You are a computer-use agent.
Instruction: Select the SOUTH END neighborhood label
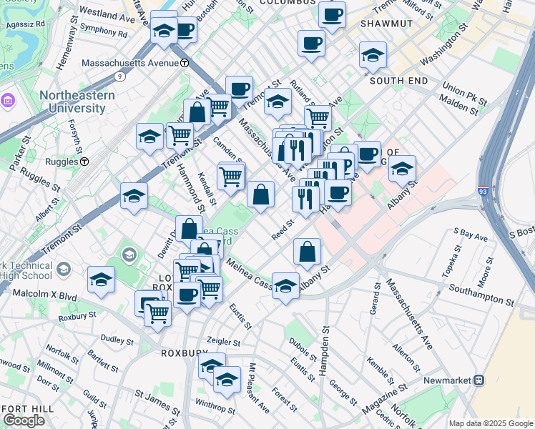[x=398, y=81]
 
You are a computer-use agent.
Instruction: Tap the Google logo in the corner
[x=24, y=420]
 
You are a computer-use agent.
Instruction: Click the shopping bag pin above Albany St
[x=307, y=252]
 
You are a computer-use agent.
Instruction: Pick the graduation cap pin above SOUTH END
[x=373, y=55]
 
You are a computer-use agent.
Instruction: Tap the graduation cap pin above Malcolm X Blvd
[x=101, y=280]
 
